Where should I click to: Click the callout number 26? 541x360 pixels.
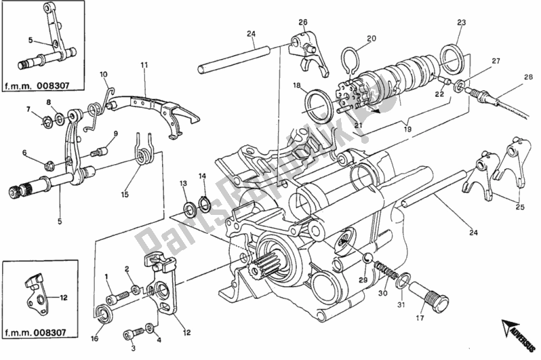click(302, 22)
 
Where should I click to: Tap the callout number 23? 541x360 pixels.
click(461, 22)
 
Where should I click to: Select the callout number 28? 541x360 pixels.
click(528, 77)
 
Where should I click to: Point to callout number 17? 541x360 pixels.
click(420, 317)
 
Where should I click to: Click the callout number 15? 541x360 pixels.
click(125, 195)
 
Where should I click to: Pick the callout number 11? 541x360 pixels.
click(144, 64)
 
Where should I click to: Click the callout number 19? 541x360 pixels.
click(407, 129)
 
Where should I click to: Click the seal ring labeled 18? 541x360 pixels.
click(320, 105)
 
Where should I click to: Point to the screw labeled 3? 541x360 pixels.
click(134, 334)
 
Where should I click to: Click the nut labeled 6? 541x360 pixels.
click(49, 166)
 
